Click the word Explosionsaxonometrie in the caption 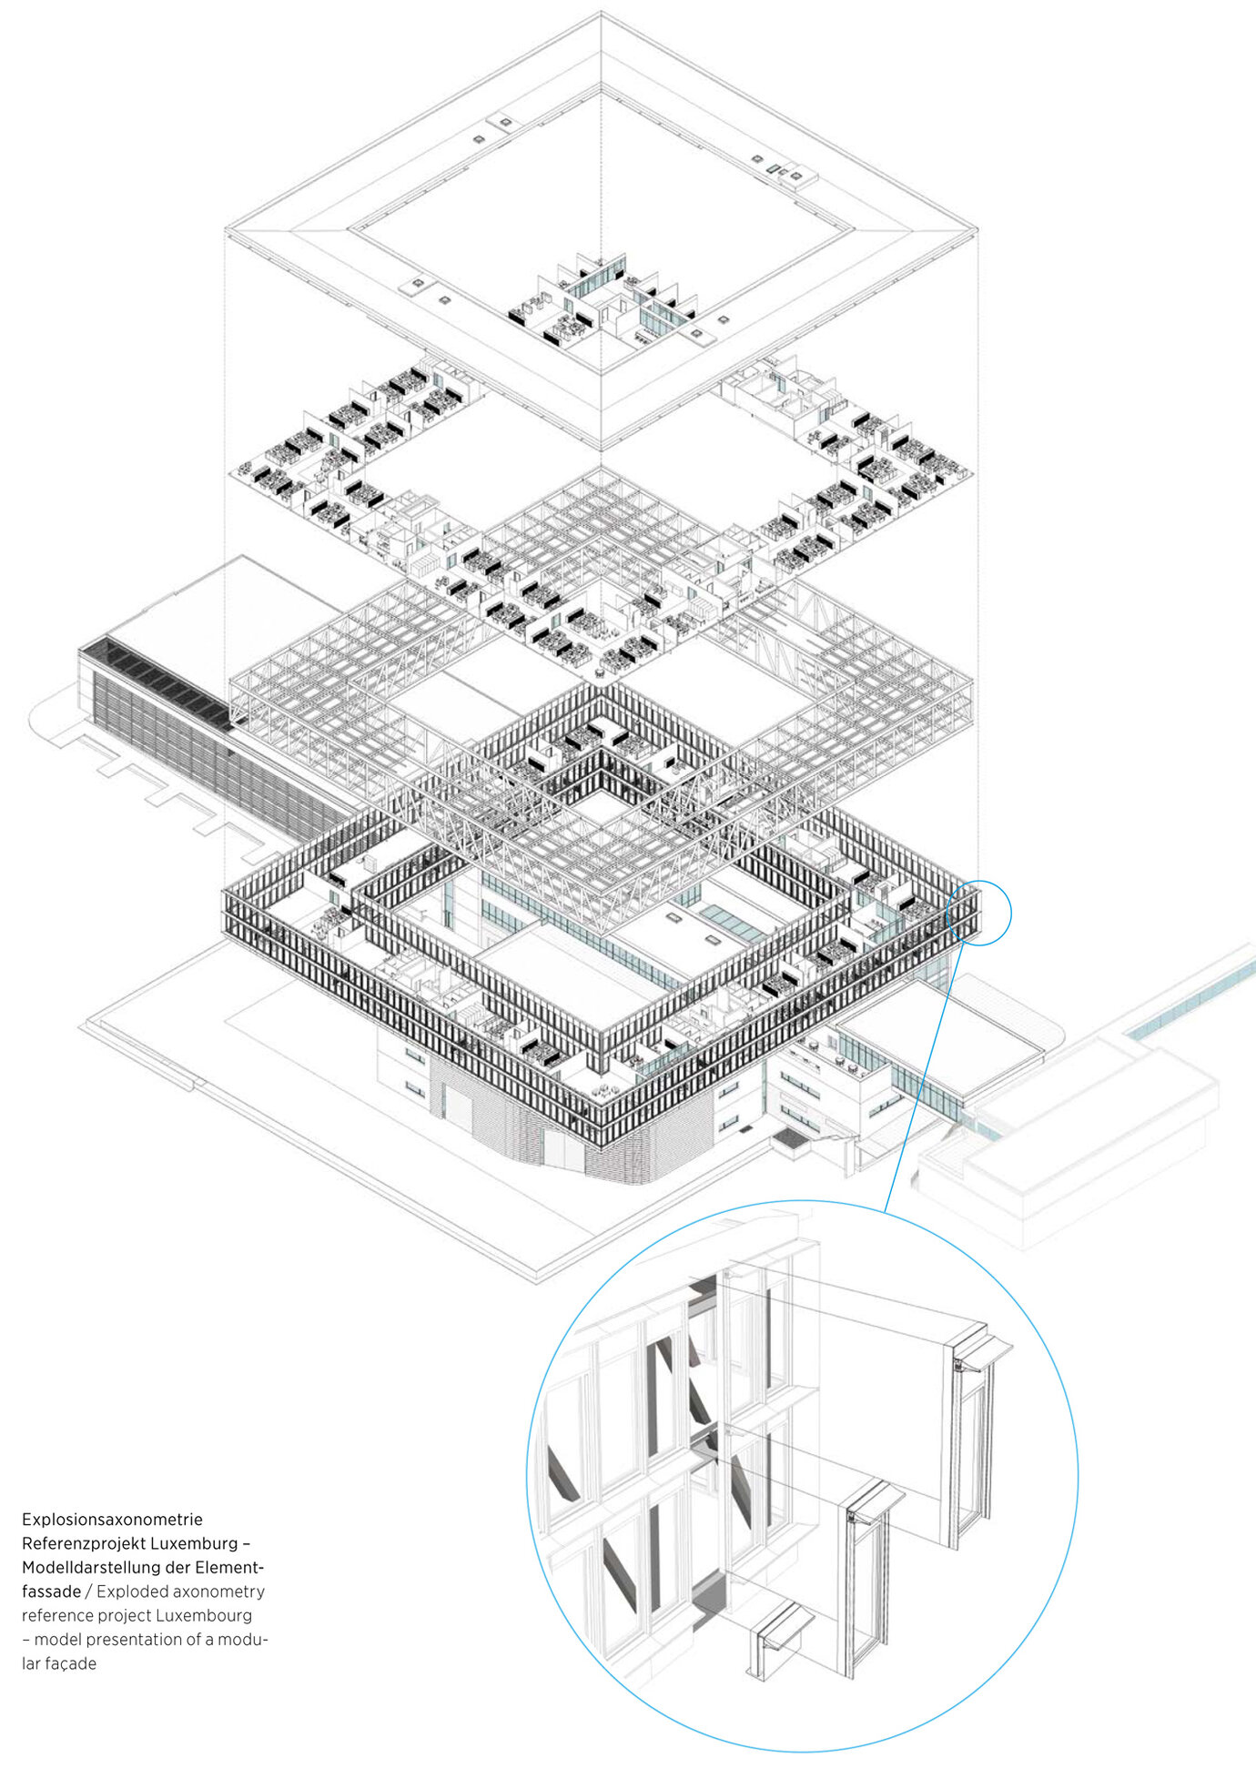112,1520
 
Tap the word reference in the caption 57,1615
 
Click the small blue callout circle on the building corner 978,913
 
